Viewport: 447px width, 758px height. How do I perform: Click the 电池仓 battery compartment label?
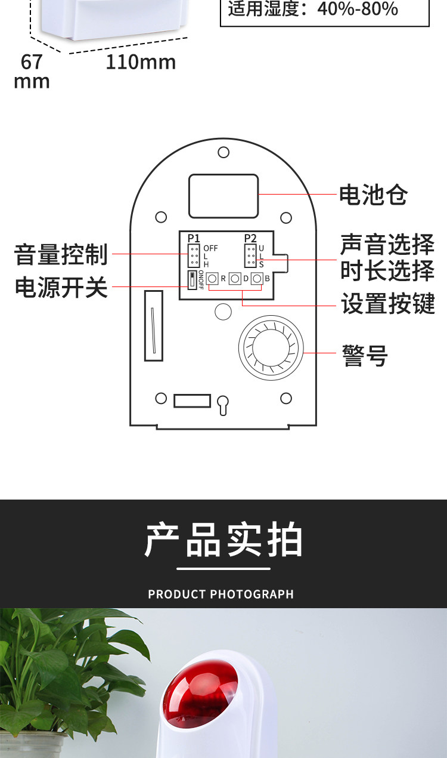pyautogui.click(x=373, y=195)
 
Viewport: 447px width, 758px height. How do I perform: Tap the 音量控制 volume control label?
pyautogui.click(x=61, y=254)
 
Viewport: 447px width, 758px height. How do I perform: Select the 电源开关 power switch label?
pyautogui.click(x=61, y=287)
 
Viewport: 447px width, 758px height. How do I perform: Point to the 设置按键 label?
pyautogui.click(x=387, y=304)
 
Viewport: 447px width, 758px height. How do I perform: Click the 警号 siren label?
pyautogui.click(x=365, y=355)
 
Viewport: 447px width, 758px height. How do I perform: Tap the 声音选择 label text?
pyautogui.click(x=387, y=244)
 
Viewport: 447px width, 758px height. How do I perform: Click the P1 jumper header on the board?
pyautogui.click(x=194, y=255)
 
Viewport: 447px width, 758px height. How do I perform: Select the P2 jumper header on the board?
pyautogui.click(x=250, y=255)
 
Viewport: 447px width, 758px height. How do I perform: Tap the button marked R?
pyautogui.click(x=212, y=279)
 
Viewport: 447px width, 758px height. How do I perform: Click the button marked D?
pyautogui.click(x=235, y=279)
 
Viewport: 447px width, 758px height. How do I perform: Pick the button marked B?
pyautogui.click(x=257, y=279)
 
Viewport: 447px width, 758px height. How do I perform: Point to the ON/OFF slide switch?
pyautogui.click(x=193, y=280)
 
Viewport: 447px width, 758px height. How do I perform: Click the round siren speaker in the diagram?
pyautogui.click(x=271, y=347)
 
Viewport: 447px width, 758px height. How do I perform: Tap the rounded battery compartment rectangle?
pyautogui.click(x=223, y=196)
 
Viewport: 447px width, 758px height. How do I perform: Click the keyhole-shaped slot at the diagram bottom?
pyautogui.click(x=223, y=405)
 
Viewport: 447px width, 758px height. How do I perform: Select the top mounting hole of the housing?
pyautogui.click(x=223, y=152)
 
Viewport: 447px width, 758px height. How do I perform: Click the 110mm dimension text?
pyautogui.click(x=141, y=62)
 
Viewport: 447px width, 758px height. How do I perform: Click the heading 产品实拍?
pyautogui.click(x=223, y=540)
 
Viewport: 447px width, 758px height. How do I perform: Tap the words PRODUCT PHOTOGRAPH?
pyautogui.click(x=221, y=594)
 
